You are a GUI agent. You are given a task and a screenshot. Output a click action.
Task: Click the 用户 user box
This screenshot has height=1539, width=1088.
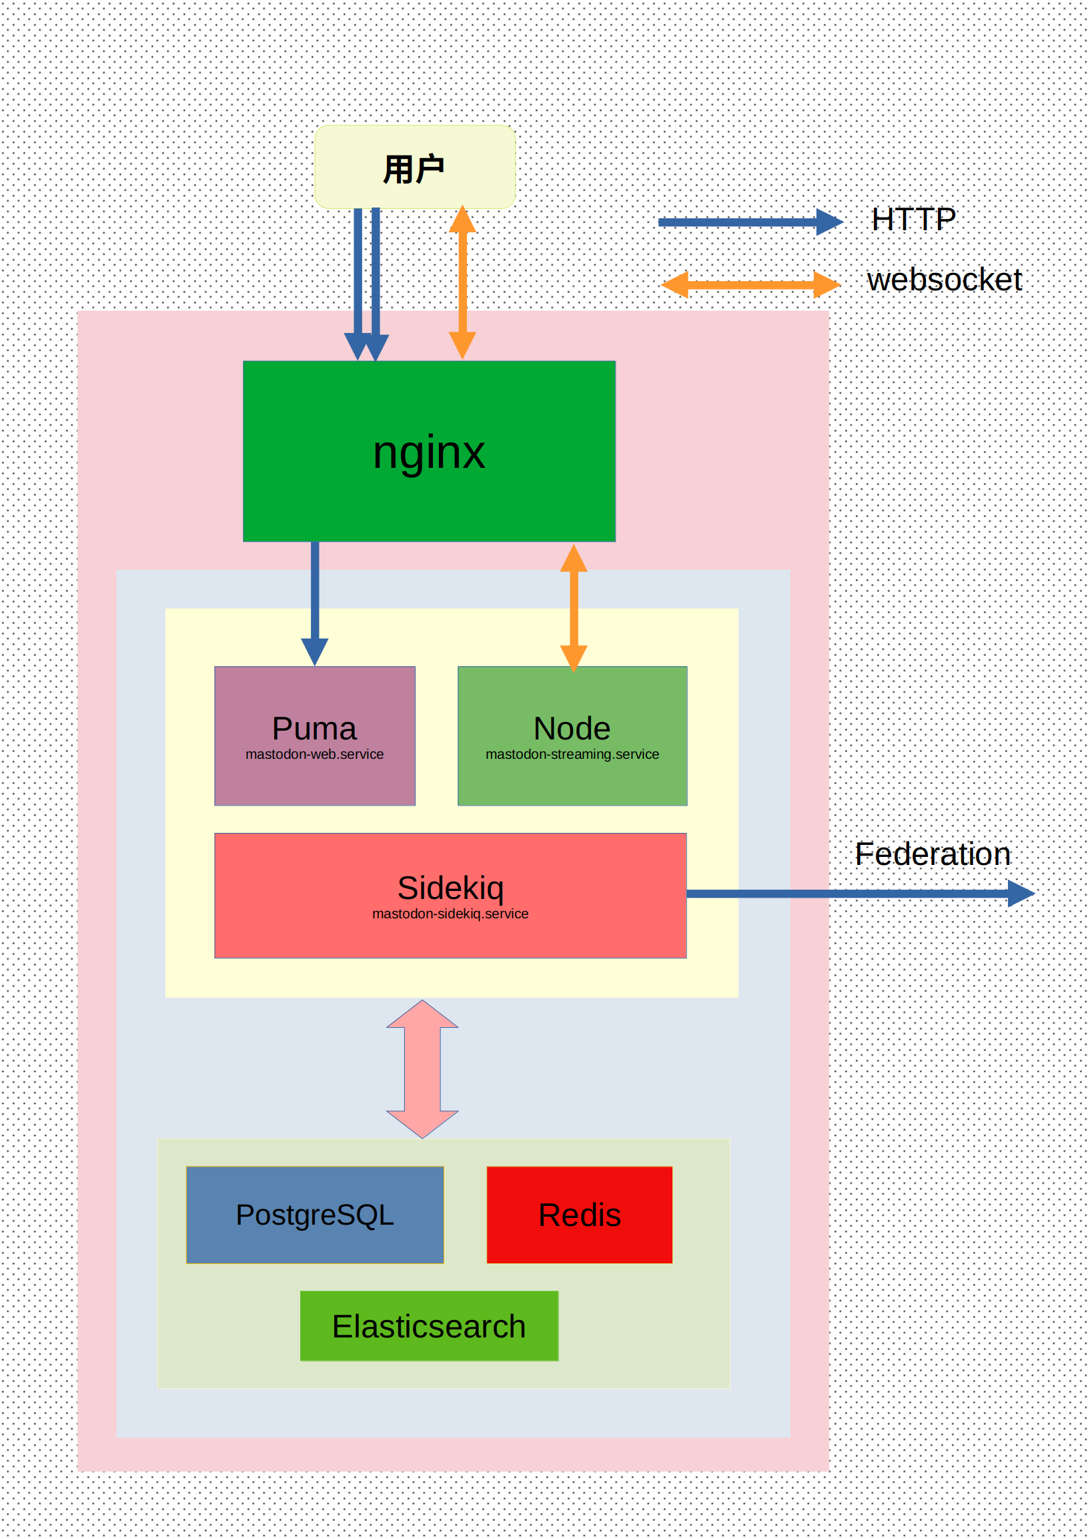tap(415, 167)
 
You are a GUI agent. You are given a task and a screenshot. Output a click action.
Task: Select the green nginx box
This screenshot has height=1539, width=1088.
tap(429, 451)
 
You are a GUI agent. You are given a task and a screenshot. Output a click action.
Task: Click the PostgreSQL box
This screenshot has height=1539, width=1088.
tap(315, 1215)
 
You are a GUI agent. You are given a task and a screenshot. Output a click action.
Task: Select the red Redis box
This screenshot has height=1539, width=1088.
tap(580, 1215)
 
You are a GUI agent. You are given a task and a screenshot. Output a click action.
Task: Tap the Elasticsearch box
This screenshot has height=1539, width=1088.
tap(429, 1326)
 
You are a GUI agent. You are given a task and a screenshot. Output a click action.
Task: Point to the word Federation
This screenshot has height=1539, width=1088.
tap(933, 854)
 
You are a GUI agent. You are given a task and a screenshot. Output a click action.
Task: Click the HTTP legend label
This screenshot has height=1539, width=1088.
tap(914, 219)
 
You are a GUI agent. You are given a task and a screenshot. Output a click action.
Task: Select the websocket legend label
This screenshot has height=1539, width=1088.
tap(944, 280)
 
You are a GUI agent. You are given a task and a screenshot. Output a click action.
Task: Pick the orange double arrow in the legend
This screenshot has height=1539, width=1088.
tap(750, 285)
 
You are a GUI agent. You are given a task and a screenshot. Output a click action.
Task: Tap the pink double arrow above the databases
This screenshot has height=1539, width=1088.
tap(422, 1069)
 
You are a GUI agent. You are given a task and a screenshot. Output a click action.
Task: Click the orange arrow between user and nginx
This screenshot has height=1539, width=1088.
tap(462, 282)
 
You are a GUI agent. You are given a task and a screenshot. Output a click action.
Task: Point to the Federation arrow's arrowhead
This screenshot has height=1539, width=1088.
tap(1021, 894)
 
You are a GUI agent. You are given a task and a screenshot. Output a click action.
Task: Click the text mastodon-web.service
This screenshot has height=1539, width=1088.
tap(314, 754)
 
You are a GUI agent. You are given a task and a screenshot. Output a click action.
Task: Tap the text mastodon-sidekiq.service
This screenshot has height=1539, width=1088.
tap(450, 914)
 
